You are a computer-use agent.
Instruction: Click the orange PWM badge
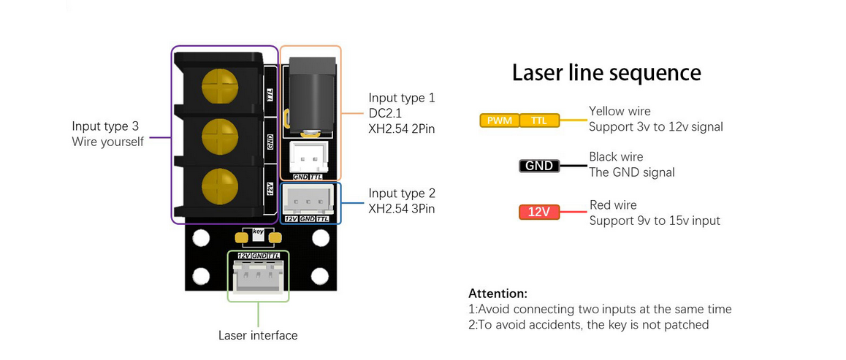(x=499, y=120)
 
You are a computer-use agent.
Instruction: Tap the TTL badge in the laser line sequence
(x=539, y=120)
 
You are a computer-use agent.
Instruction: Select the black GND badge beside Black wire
(x=539, y=166)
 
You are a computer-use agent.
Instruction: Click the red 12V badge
(x=538, y=212)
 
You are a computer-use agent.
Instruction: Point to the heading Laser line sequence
(x=606, y=72)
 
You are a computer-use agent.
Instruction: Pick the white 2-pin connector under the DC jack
(x=308, y=156)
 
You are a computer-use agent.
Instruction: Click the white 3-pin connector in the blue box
(x=309, y=199)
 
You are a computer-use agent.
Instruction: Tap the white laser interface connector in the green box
(x=258, y=278)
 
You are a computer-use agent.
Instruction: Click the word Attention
(x=498, y=294)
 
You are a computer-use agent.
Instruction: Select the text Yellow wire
(x=620, y=112)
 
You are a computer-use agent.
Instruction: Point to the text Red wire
(x=613, y=205)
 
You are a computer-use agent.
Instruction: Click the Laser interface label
(x=258, y=336)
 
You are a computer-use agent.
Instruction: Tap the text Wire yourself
(x=107, y=141)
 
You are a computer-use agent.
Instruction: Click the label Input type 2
(x=402, y=194)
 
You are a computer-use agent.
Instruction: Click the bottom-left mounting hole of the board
(x=200, y=275)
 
